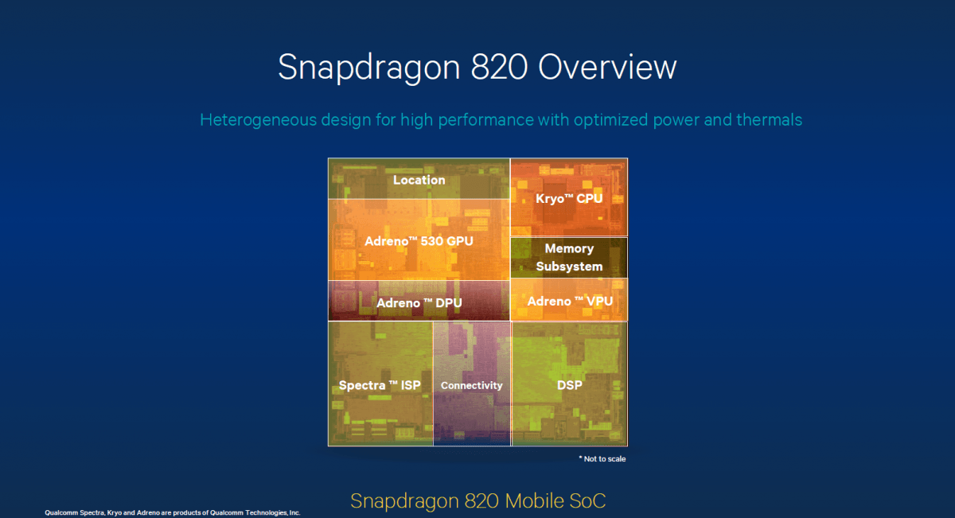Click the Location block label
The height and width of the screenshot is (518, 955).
(419, 180)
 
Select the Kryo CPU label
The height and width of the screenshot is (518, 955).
(569, 199)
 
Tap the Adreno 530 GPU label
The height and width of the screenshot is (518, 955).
(419, 241)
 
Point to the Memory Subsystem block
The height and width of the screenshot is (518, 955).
(569, 258)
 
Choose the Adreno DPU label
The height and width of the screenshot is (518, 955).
(419, 303)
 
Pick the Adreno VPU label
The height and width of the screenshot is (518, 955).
(570, 302)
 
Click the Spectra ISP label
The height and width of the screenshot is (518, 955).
(380, 385)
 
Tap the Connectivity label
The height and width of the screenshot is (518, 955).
(471, 385)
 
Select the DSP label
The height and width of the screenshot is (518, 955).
(570, 385)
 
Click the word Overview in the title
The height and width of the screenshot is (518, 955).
(607, 67)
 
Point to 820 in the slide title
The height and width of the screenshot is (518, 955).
(499, 67)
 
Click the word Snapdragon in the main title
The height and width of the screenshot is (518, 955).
(369, 68)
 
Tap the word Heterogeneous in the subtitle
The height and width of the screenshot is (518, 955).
(259, 120)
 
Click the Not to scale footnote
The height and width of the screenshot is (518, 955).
(602, 459)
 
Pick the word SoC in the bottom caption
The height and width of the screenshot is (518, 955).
(587, 501)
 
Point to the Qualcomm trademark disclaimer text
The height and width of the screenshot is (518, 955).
(172, 512)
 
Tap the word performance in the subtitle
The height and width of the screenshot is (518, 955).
(486, 120)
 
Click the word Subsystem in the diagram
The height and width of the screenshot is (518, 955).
(569, 267)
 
